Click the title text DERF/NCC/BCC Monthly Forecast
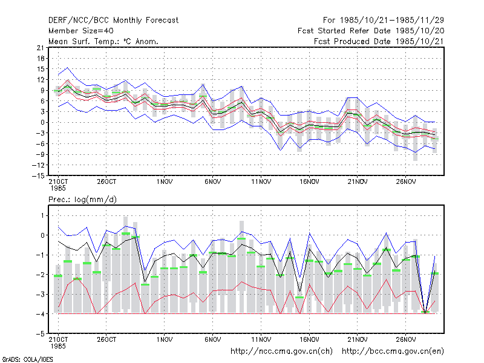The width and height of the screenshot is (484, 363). (113, 21)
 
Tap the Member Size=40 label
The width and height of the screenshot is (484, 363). (81, 31)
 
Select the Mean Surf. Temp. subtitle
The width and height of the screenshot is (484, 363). (103, 41)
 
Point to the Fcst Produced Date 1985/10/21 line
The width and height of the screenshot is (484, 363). (379, 41)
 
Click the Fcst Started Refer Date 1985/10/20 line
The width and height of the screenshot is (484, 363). (371, 31)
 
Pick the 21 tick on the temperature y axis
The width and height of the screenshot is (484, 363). (41, 48)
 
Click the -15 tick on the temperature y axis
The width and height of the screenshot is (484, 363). (38, 175)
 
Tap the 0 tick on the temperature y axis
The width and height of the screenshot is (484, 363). (42, 123)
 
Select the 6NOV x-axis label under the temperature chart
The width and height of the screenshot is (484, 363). (213, 181)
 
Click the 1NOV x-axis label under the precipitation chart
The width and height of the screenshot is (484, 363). (164, 339)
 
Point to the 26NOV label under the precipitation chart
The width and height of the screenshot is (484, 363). (405, 339)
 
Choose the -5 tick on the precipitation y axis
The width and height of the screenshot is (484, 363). (41, 334)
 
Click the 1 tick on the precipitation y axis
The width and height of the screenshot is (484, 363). (42, 215)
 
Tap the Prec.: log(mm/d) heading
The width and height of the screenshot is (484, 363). (82, 200)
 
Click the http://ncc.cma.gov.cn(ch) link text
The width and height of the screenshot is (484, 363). (281, 352)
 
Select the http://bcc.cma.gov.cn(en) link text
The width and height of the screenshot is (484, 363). (393, 352)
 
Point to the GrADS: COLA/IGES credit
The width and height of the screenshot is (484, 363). (27, 359)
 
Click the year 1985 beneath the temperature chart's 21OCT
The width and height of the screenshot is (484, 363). (58, 188)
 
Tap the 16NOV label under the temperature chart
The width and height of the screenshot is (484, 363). (309, 181)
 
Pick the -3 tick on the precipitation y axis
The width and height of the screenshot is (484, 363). (41, 294)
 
